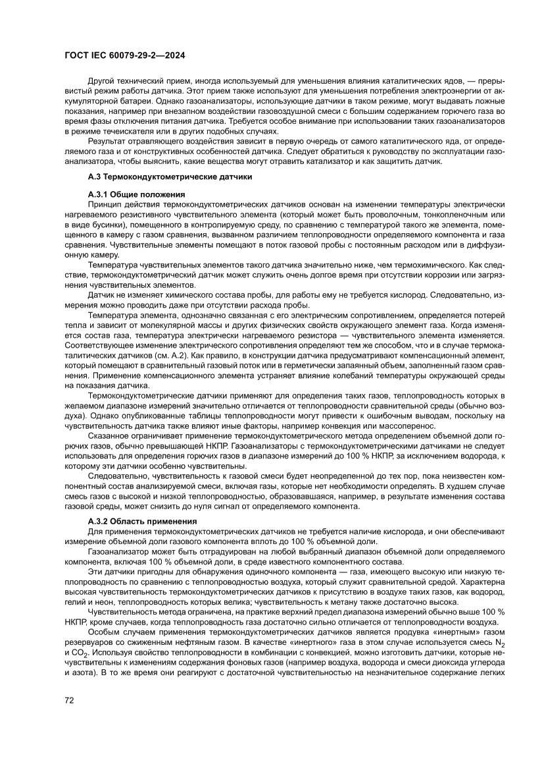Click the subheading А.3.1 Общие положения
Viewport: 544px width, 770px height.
136,195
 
